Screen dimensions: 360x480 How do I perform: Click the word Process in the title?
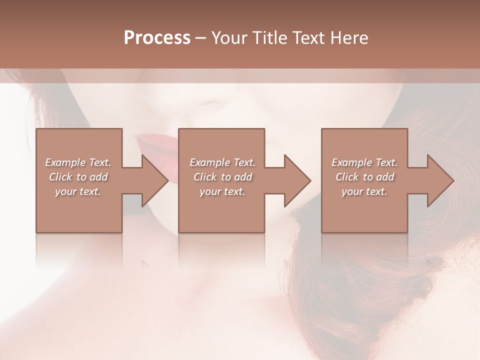point(157,38)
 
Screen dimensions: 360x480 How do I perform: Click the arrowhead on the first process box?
point(150,180)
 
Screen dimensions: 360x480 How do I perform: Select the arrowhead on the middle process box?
point(293,180)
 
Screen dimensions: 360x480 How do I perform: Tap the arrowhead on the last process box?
point(436,180)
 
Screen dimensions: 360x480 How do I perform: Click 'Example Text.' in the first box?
point(78,162)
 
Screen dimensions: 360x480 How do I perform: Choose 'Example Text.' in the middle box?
point(222,162)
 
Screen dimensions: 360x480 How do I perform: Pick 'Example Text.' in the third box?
point(364,162)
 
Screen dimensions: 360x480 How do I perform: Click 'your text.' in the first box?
point(78,191)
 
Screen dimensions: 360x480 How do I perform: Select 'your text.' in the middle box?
point(222,191)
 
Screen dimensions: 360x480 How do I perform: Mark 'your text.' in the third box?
point(364,191)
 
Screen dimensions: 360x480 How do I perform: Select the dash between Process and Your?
point(201,38)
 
